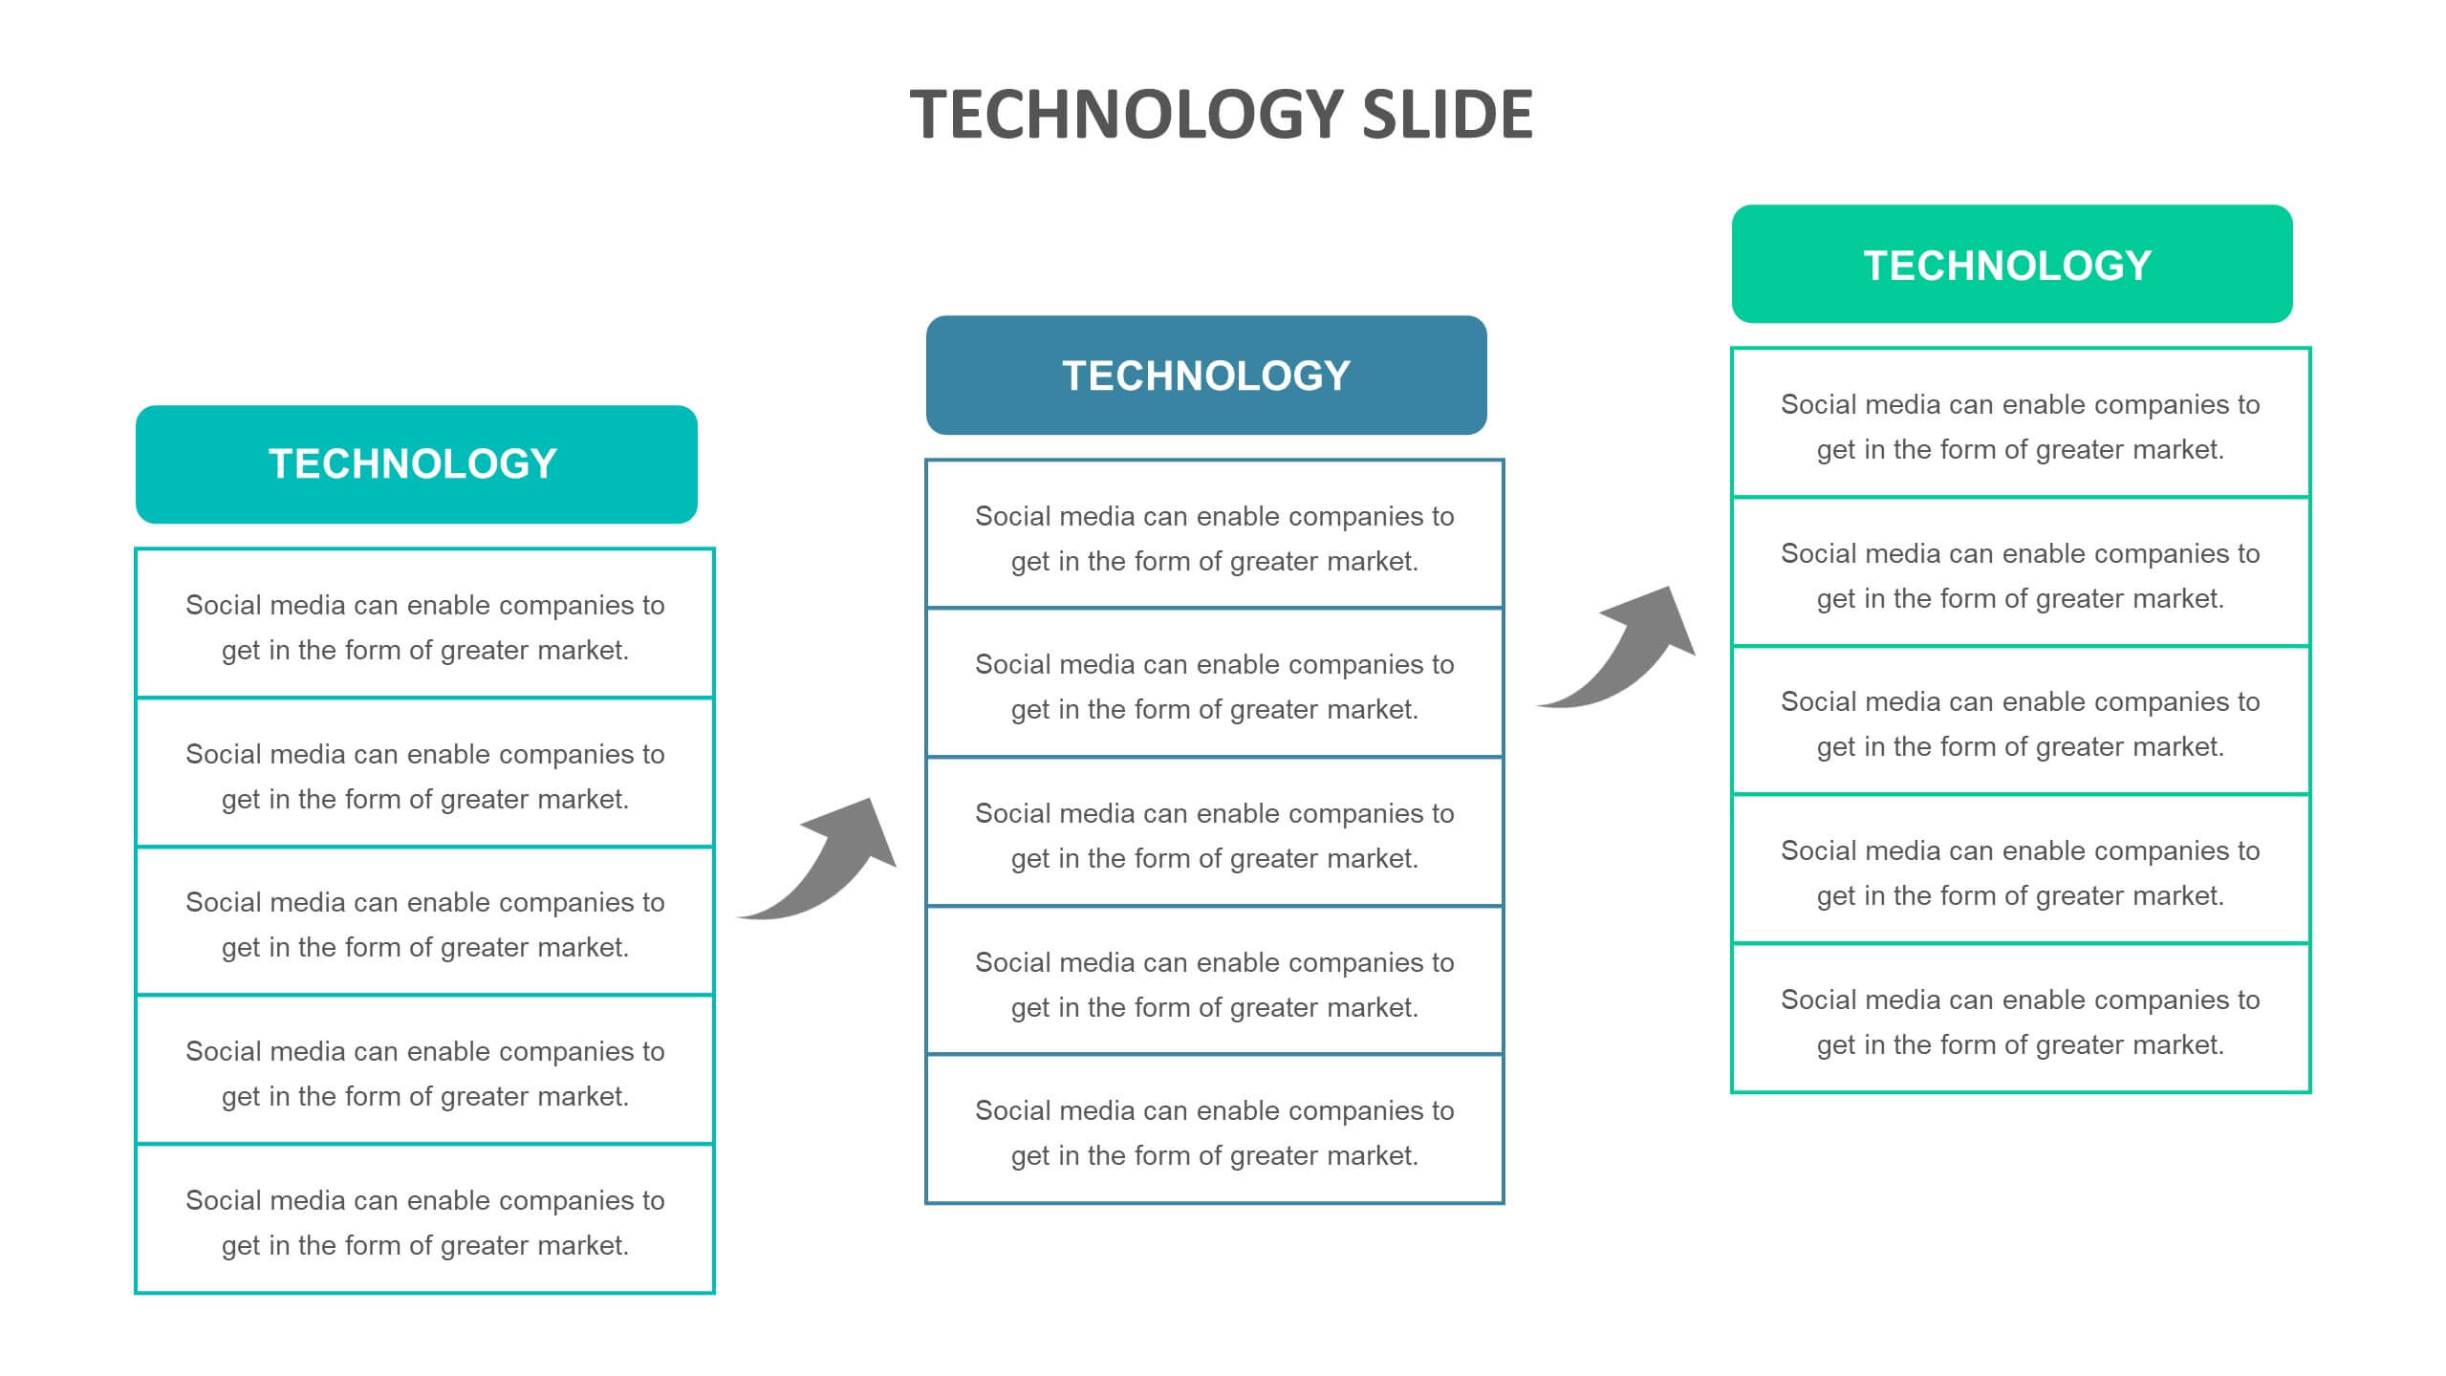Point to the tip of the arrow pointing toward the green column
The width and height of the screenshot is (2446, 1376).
coord(1670,587)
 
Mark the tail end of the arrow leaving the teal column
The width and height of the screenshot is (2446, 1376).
coord(737,917)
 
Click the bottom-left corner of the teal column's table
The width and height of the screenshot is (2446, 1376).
coord(136,1293)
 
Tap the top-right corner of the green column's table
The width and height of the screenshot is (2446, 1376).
coord(2309,349)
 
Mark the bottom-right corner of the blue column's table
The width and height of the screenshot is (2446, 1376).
coord(1503,1202)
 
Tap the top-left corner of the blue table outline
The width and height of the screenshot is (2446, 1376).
coord(926,461)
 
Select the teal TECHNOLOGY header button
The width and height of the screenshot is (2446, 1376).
coord(417,464)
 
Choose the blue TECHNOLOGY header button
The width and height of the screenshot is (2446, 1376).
coord(1206,376)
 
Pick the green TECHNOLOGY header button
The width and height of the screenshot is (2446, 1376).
coord(2012,264)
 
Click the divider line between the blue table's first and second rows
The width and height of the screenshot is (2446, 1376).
coord(1215,608)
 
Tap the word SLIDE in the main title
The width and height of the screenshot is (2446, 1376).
coord(1447,114)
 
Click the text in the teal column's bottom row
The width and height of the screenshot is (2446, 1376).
coord(425,1223)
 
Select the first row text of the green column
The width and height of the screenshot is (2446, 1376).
coord(2021,427)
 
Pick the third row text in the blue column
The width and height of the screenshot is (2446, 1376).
coord(1215,836)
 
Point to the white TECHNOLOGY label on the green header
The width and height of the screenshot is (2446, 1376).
coord(2007,266)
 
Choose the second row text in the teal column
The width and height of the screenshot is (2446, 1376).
coord(425,777)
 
